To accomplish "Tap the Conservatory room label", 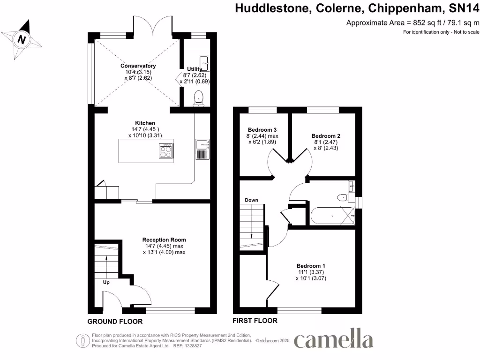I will click(138, 66).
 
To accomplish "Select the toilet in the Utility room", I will click(199, 97).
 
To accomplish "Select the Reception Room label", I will click(164, 240).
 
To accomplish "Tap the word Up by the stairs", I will click(107, 283).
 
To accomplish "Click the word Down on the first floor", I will click(251, 200).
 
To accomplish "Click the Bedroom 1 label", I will click(311, 266).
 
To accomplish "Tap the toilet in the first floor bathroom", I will click(342, 197).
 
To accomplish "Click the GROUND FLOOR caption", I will click(115, 322).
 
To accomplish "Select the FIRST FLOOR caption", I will click(255, 321).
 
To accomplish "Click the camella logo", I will click(333, 340).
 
